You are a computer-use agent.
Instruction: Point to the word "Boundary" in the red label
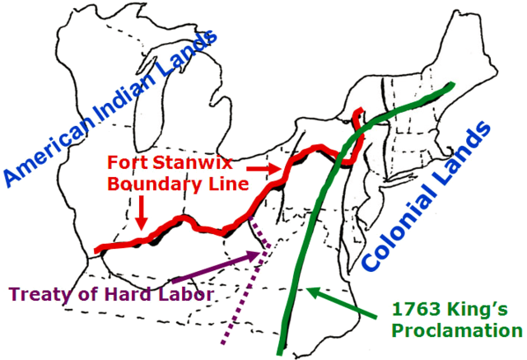pos(147,182)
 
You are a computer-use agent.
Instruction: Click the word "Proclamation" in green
pos(456,331)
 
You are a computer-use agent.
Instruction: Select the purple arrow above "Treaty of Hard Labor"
pos(217,266)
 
